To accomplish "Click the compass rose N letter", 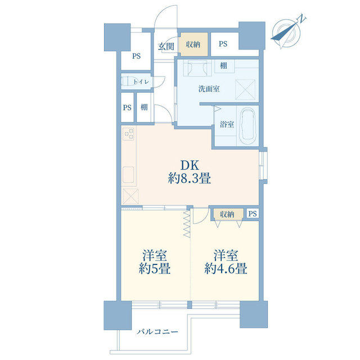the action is pos(302,19).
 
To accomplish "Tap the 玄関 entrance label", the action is pos(166,47).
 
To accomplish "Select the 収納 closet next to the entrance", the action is pos(193,44).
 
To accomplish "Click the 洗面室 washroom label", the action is pos(209,89).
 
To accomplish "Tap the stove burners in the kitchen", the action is pos(129,134).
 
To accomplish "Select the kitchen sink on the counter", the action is pos(128,175).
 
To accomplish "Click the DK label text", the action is pos(190,165).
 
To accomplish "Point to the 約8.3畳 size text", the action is pos(190,178).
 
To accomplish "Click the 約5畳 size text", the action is pos(155,268).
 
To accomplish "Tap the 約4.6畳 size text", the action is pos(226,268).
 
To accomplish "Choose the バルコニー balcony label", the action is pos(157,332).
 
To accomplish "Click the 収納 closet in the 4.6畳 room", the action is pos(227,214).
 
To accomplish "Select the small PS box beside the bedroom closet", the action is pos(253,214).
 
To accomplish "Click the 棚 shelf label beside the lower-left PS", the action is pos(144,107).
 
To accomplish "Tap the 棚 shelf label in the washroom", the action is pos(223,66).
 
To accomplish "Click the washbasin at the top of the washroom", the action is pos(197,68).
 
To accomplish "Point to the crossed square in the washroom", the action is pos(245,90).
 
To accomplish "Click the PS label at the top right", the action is pos(223,44).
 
